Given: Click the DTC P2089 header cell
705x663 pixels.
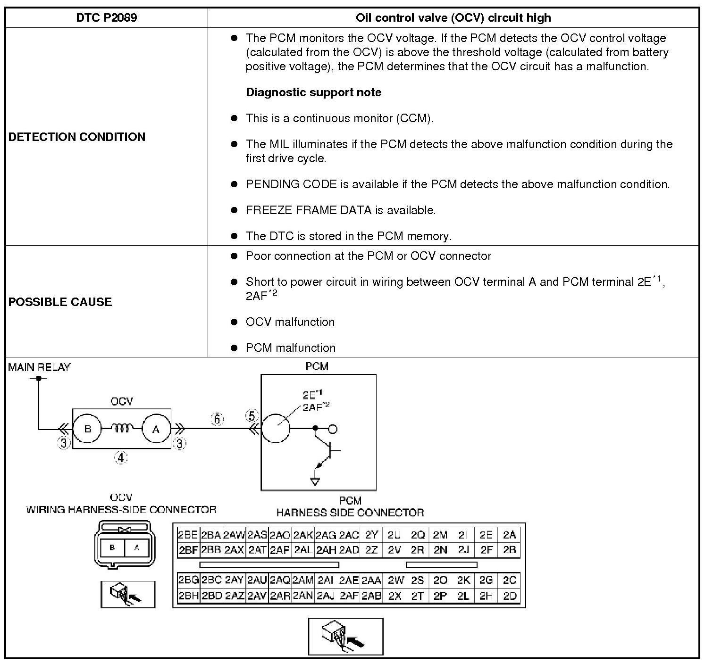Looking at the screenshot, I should [107, 18].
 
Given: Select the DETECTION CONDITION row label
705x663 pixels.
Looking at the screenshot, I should [77, 137].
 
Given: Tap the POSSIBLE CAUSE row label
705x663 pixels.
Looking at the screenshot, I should [60, 302].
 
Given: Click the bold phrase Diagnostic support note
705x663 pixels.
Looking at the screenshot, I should [314, 92].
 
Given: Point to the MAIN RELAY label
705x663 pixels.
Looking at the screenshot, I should [39, 367].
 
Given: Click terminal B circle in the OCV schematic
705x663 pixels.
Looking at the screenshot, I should [87, 429].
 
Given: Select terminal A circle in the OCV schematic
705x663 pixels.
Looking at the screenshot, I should [156, 429].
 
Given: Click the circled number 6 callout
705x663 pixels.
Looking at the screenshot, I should [217, 419].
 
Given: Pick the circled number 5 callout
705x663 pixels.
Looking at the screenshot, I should [252, 416].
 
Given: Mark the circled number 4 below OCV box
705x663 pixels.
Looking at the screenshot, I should [121, 457].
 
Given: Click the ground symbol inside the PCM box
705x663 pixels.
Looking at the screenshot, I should [315, 481].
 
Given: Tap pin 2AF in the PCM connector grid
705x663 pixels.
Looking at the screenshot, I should [349, 596].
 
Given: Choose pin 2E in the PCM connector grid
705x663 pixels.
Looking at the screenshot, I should [486, 535].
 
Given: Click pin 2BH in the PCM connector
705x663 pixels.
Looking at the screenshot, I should [188, 596].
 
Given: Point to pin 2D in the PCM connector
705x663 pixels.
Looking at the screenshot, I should [510, 596].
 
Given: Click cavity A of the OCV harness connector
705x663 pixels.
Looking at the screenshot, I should [137, 547].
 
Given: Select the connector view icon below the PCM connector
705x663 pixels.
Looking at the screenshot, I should [345, 636].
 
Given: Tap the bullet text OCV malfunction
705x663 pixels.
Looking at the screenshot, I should [290, 322].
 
